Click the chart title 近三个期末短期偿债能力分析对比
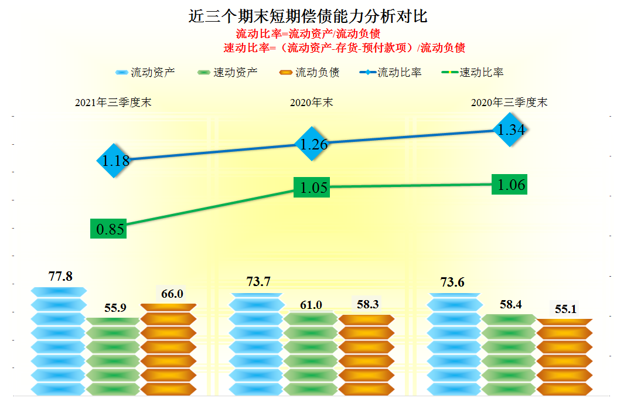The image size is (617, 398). click(308, 15)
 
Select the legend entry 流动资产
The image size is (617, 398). click(145, 73)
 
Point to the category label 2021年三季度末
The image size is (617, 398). click(113, 103)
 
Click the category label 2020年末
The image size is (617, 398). click(311, 103)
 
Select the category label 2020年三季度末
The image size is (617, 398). click(509, 103)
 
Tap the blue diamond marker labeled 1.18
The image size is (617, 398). click(116, 160)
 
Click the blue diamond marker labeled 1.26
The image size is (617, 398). click(313, 144)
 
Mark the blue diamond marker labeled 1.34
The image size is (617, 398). click(511, 130)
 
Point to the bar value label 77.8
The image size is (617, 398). click(60, 276)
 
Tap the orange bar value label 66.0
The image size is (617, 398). click(172, 294)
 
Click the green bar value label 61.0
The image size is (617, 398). click(311, 305)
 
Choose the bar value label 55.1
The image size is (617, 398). click(565, 309)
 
